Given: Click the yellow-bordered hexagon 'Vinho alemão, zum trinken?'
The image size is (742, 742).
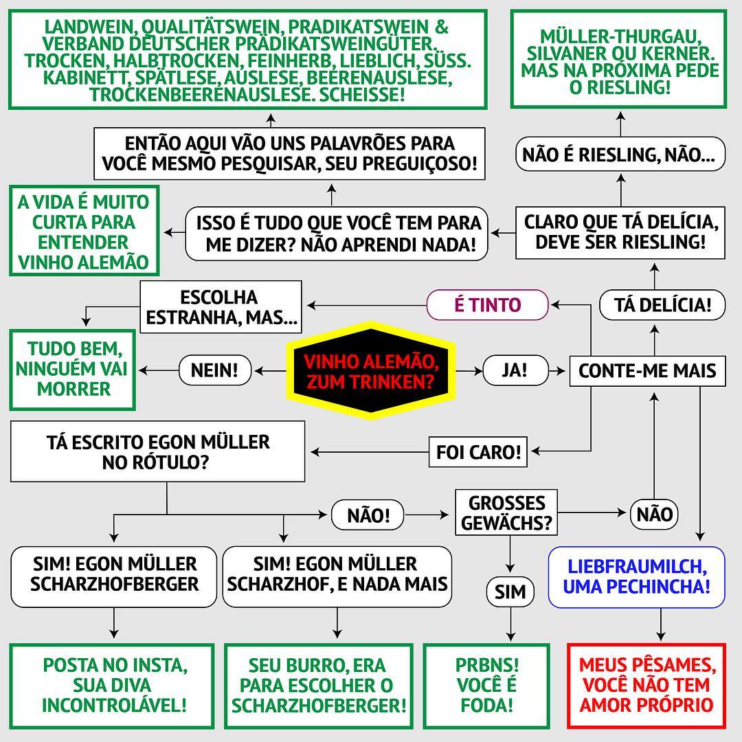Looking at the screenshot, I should point(371,372).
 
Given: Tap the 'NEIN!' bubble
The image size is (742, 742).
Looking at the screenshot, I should point(214,371).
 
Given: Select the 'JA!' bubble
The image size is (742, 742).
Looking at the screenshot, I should point(515,371).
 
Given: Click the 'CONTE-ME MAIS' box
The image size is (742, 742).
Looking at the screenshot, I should point(647,371).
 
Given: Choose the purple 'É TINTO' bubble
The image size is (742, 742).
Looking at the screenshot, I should point(488,304).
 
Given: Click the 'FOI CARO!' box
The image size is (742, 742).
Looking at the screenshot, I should point(479,452).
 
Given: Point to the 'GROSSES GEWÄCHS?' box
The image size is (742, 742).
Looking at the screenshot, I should point(507,513).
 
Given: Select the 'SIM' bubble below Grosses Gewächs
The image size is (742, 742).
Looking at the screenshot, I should point(510,592).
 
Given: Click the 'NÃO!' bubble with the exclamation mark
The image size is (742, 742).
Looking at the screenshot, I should point(368,514).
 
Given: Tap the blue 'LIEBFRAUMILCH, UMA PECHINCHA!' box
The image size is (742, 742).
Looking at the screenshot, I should point(636,577).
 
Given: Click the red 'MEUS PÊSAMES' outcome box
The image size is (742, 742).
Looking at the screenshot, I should point(646,685).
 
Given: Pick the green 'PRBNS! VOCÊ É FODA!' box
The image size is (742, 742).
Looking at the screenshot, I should point(487,685).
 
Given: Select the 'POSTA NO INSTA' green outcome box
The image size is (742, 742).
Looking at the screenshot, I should point(115,685).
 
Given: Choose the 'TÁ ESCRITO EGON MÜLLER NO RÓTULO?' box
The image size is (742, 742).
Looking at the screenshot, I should point(158,451).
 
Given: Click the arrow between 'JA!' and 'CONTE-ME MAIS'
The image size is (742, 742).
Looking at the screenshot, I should point(559,371).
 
